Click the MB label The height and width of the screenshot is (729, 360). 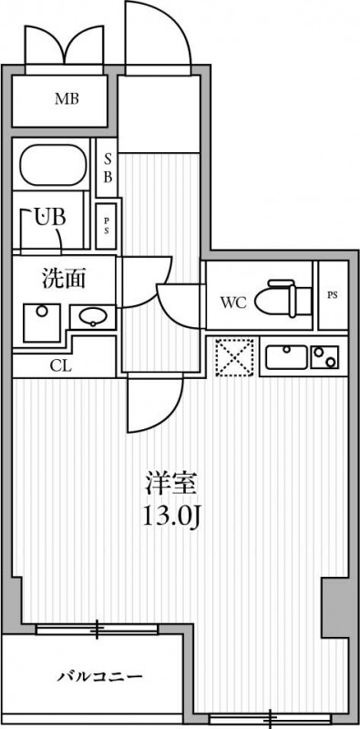[65, 98]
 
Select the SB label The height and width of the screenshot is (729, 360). [107, 170]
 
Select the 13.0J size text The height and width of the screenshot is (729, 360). [170, 517]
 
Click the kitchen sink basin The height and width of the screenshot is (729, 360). [284, 356]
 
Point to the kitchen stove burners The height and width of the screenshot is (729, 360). [324, 356]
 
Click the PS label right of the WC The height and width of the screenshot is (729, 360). [332, 295]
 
